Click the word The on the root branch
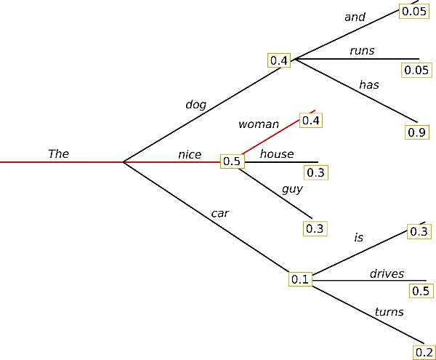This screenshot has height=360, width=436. tap(58, 153)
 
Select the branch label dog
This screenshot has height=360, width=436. tap(195, 104)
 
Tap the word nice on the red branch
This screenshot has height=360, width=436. tap(190, 154)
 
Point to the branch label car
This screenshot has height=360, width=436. tap(220, 213)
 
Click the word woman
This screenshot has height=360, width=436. tap(258, 124)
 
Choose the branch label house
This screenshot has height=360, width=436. tap(277, 153)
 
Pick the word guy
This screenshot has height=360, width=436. tap(292, 188)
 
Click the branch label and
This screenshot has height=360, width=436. tap(355, 17)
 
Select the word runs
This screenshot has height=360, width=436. tap(361, 50)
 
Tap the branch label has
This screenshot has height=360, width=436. tap(369, 84)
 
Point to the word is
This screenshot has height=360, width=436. tap(358, 237)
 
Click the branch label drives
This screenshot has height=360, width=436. tap(387, 273)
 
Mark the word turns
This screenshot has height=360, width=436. tap(389, 312)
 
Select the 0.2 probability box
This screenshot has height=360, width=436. tap(424, 353)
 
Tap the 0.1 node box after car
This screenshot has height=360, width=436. tap(300, 279)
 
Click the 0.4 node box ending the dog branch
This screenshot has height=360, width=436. tap(279, 60)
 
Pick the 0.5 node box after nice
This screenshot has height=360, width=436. tap(231, 161)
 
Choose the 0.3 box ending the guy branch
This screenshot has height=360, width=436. tap(314, 228)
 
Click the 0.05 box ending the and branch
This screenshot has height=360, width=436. tap(415, 10)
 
